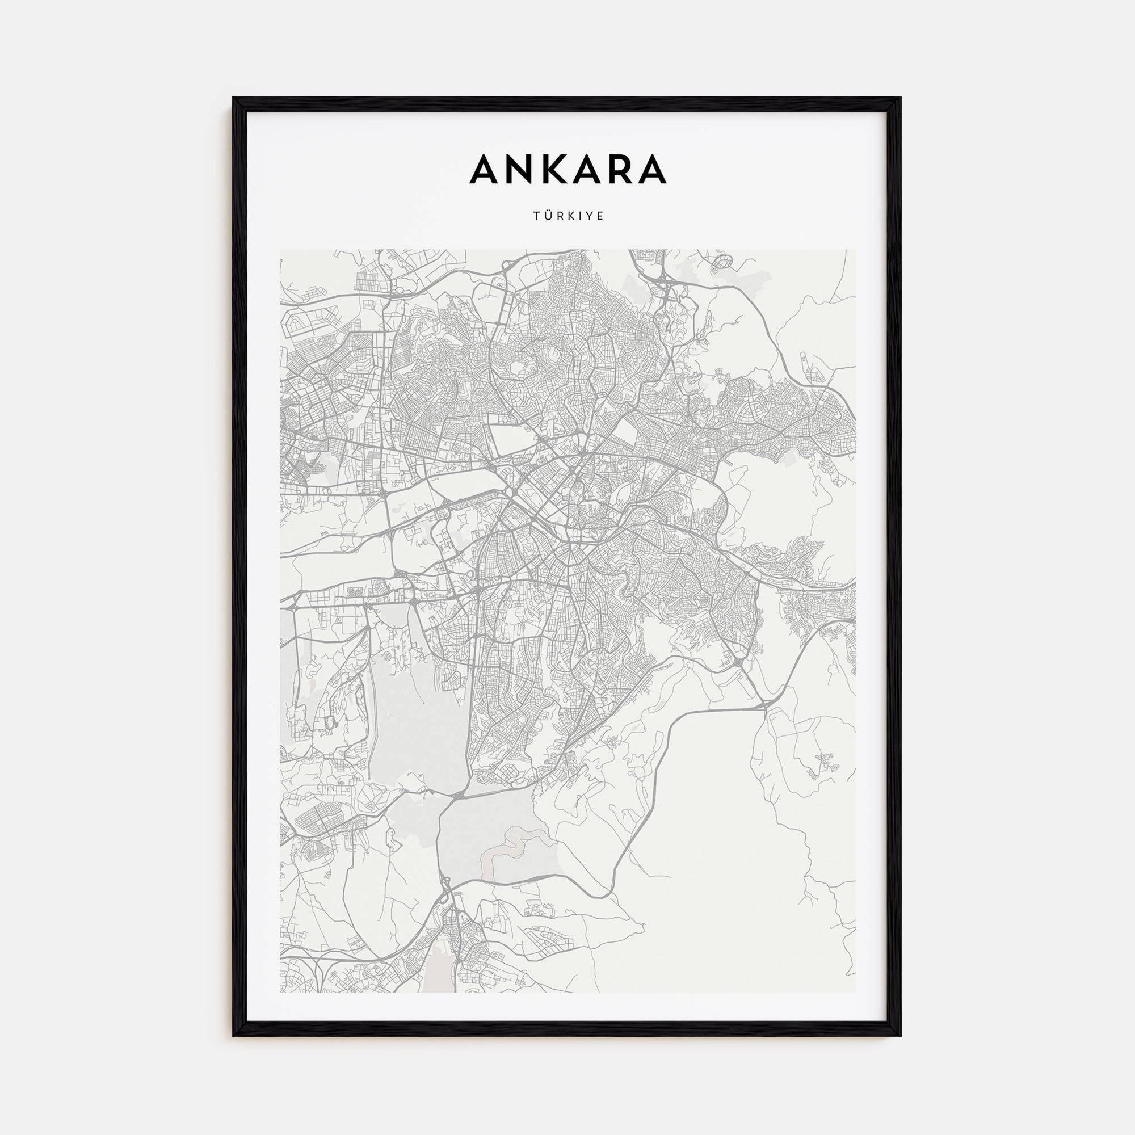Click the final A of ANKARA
tap(651, 169)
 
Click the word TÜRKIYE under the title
tap(568, 216)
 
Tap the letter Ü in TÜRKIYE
tap(545, 216)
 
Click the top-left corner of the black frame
tap(234, 98)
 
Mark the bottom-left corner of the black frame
tap(234, 1035)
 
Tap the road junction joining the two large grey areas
tap(455, 796)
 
